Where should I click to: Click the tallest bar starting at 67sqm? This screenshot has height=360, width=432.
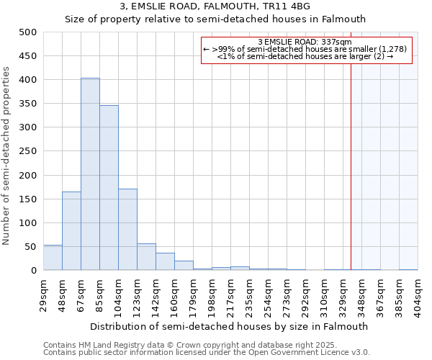coord(90,174)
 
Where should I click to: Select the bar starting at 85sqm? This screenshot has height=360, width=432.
coord(109,188)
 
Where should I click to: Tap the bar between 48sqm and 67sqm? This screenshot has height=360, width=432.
coord(71,231)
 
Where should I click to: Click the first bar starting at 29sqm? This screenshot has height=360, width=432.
coord(53,258)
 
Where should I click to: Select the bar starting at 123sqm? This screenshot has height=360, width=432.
coord(146,257)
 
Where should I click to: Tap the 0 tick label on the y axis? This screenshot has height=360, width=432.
coord(33,271)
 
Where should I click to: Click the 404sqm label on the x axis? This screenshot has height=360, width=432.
coord(418,294)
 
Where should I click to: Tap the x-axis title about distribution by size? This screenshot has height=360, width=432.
coord(233,326)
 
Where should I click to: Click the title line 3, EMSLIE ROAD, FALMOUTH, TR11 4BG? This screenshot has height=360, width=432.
coord(216,6)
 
